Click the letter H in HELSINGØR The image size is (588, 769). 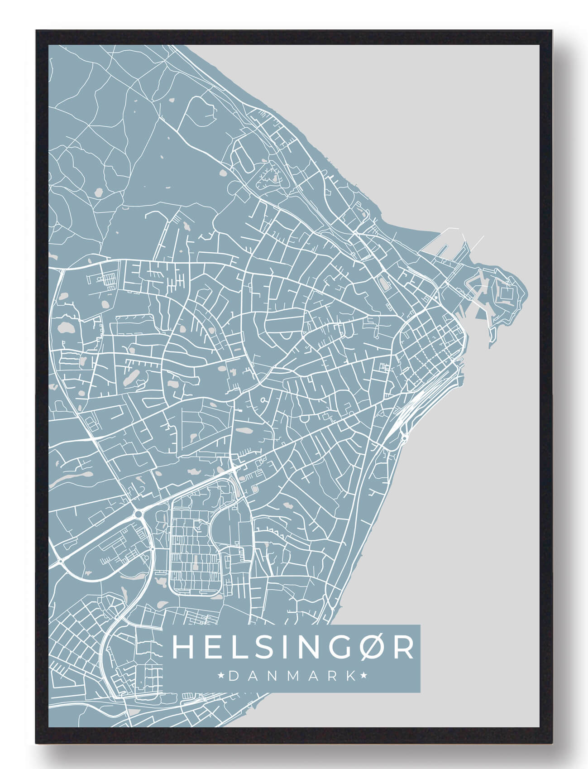[x=180, y=648]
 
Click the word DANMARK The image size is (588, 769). [x=292, y=676]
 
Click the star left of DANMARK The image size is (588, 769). [x=222, y=676]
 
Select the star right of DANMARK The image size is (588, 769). [x=364, y=676]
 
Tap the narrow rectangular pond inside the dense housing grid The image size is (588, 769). [x=196, y=566]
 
